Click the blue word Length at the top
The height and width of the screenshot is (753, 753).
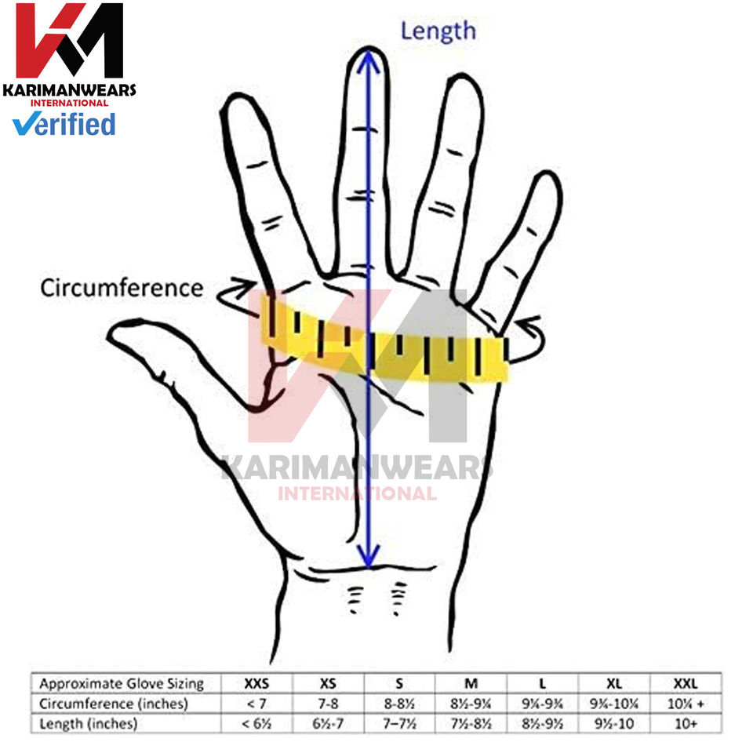pos(438,31)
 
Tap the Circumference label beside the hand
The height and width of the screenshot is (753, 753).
pos(122,288)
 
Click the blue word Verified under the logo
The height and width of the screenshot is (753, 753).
pos(64,124)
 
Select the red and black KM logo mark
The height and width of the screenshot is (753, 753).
pos(70,41)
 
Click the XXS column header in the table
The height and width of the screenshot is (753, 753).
pos(257,683)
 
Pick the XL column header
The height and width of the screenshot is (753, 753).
pos(614,683)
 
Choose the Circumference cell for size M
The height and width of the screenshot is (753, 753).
pos(471,704)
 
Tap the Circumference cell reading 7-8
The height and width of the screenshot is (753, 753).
pos(329,704)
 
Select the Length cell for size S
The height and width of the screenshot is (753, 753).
pos(400,723)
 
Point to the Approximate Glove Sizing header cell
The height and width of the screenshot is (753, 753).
pos(122,683)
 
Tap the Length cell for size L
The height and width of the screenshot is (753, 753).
pos(543,723)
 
